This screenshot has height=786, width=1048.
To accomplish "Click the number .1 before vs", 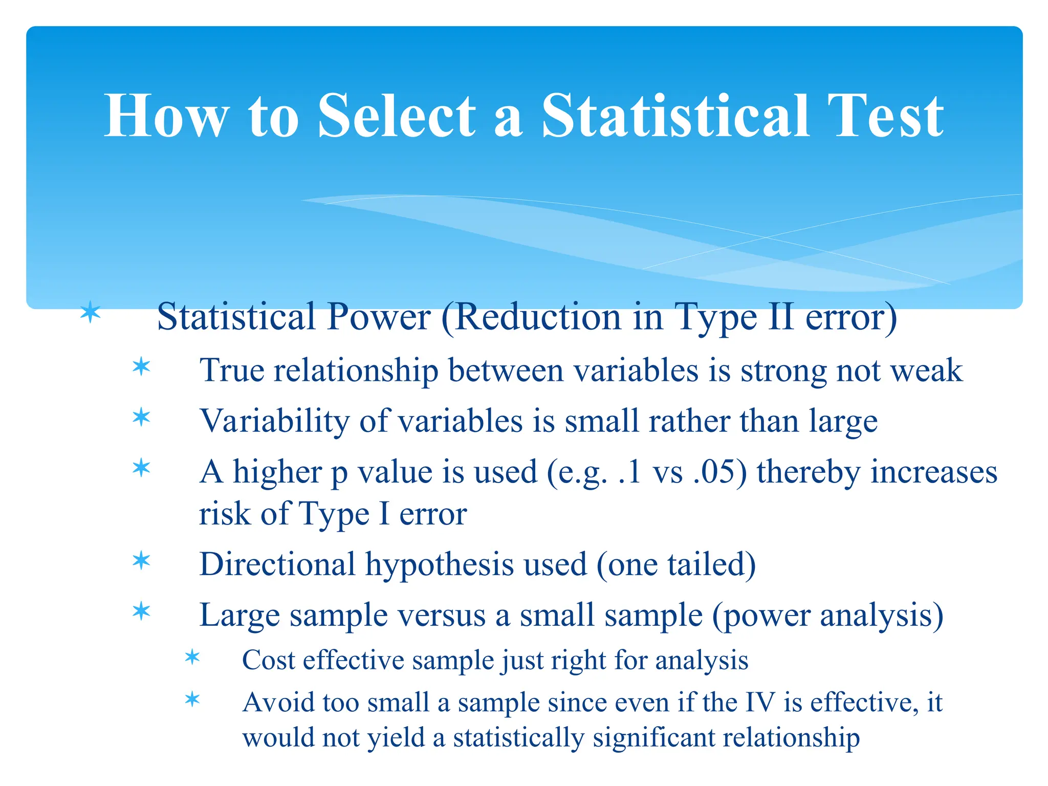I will (629, 472).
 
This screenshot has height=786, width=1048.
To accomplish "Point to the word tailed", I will (711, 564).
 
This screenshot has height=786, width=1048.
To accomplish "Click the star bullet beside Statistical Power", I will (91, 312).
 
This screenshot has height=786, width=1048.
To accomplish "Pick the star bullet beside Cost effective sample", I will (192, 657).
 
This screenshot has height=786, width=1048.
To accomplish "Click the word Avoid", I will (278, 702).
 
